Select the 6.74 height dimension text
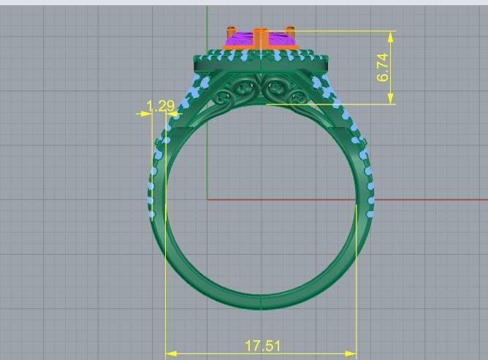pos(384,66)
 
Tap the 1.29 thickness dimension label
pos(161,107)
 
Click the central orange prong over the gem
pos(260,37)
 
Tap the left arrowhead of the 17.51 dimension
pos(170,354)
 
